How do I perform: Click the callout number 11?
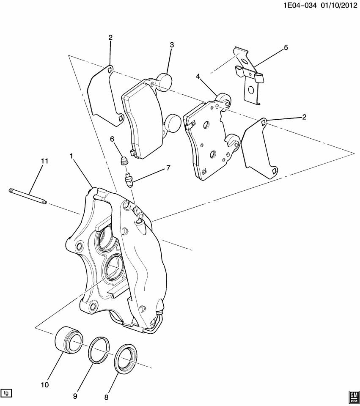tap(44, 161)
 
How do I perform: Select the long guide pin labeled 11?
tap(28, 195)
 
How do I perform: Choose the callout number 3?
tap(172, 45)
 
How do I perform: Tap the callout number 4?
tap(198, 76)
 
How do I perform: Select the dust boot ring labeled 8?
tap(126, 359)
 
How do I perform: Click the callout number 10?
tap(45, 384)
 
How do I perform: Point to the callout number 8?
tap(106, 397)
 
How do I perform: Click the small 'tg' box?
tap(6, 393)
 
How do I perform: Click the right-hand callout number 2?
tap(304, 117)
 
